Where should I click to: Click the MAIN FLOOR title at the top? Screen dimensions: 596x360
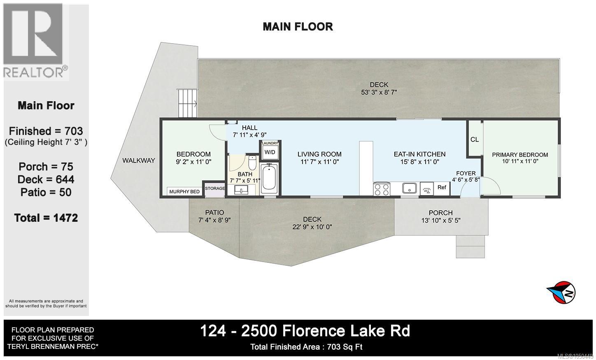(298, 27)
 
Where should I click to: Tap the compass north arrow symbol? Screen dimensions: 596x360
(561, 293)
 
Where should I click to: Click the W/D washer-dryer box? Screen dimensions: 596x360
(270, 152)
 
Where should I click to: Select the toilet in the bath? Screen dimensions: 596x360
(252, 163)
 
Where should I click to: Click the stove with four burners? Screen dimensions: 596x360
(382, 189)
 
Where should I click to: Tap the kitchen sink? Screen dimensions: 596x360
(410, 188)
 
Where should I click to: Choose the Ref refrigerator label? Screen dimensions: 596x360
(442, 187)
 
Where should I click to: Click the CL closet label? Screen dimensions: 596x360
(475, 139)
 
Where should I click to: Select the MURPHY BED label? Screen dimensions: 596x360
(184, 192)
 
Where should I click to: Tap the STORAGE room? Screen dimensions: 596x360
(214, 189)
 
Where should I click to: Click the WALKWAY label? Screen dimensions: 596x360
(139, 160)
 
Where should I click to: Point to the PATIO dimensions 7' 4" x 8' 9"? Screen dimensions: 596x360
(214, 220)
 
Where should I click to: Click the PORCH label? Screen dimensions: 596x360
(440, 213)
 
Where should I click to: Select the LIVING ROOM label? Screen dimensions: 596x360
(319, 154)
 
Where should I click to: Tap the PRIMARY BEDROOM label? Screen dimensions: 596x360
(520, 155)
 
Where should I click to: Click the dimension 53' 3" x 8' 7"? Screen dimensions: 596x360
(379, 92)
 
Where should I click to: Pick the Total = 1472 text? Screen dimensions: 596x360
(46, 218)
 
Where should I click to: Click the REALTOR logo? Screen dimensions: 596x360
(35, 41)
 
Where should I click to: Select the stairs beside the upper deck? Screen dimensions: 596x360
(187, 103)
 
